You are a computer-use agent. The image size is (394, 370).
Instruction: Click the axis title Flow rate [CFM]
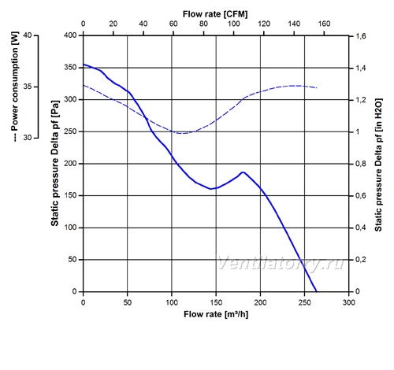215,14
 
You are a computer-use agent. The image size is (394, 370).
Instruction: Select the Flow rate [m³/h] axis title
216,314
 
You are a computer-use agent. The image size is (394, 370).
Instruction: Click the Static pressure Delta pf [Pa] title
54,163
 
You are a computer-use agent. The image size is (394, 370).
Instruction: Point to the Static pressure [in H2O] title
378,165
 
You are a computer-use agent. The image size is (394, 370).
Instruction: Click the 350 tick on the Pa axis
70,68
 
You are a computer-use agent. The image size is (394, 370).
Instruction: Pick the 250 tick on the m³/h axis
304,302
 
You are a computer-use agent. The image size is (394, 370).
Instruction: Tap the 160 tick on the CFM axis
324,24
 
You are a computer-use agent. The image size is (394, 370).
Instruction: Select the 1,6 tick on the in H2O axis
361,36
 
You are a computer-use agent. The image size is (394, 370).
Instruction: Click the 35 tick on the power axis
28,87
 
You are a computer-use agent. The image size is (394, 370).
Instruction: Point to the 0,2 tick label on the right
361,260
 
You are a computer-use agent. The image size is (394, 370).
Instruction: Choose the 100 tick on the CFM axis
233,24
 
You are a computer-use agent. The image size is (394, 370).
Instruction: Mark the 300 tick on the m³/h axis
349,302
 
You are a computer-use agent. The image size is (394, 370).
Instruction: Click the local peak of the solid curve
243,172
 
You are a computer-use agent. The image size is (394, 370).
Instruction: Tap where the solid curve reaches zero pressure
317,291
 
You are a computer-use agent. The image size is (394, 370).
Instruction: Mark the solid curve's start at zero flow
84,65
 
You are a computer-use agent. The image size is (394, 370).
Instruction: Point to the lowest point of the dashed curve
183,133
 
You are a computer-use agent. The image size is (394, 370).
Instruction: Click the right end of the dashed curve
317,87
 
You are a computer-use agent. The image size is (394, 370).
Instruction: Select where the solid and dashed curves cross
146,117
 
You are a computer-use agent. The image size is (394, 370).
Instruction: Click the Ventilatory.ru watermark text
281,263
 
